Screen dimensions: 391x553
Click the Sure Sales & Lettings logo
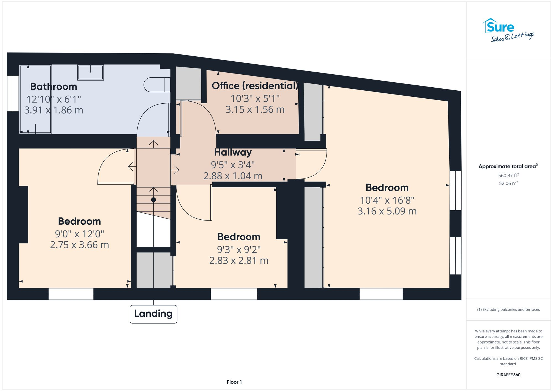508,30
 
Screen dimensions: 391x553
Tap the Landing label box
153,314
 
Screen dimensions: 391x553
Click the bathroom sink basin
90,72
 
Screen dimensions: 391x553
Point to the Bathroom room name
54,86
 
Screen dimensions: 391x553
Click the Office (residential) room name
255,86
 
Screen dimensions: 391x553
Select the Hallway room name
233,152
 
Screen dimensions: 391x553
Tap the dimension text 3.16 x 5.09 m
387,211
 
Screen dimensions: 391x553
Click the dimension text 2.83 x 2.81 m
239,261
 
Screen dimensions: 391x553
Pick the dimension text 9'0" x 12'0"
79,234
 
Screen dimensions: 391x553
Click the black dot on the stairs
153,200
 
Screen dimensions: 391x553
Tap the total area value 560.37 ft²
508,175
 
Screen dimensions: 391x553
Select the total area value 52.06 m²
508,183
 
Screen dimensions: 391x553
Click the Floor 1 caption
234,382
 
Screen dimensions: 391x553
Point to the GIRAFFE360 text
508,375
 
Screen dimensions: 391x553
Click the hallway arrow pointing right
175,170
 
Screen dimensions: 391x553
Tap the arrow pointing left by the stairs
132,167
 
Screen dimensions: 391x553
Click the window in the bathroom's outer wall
13,93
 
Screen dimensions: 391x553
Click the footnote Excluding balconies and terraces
508,309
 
